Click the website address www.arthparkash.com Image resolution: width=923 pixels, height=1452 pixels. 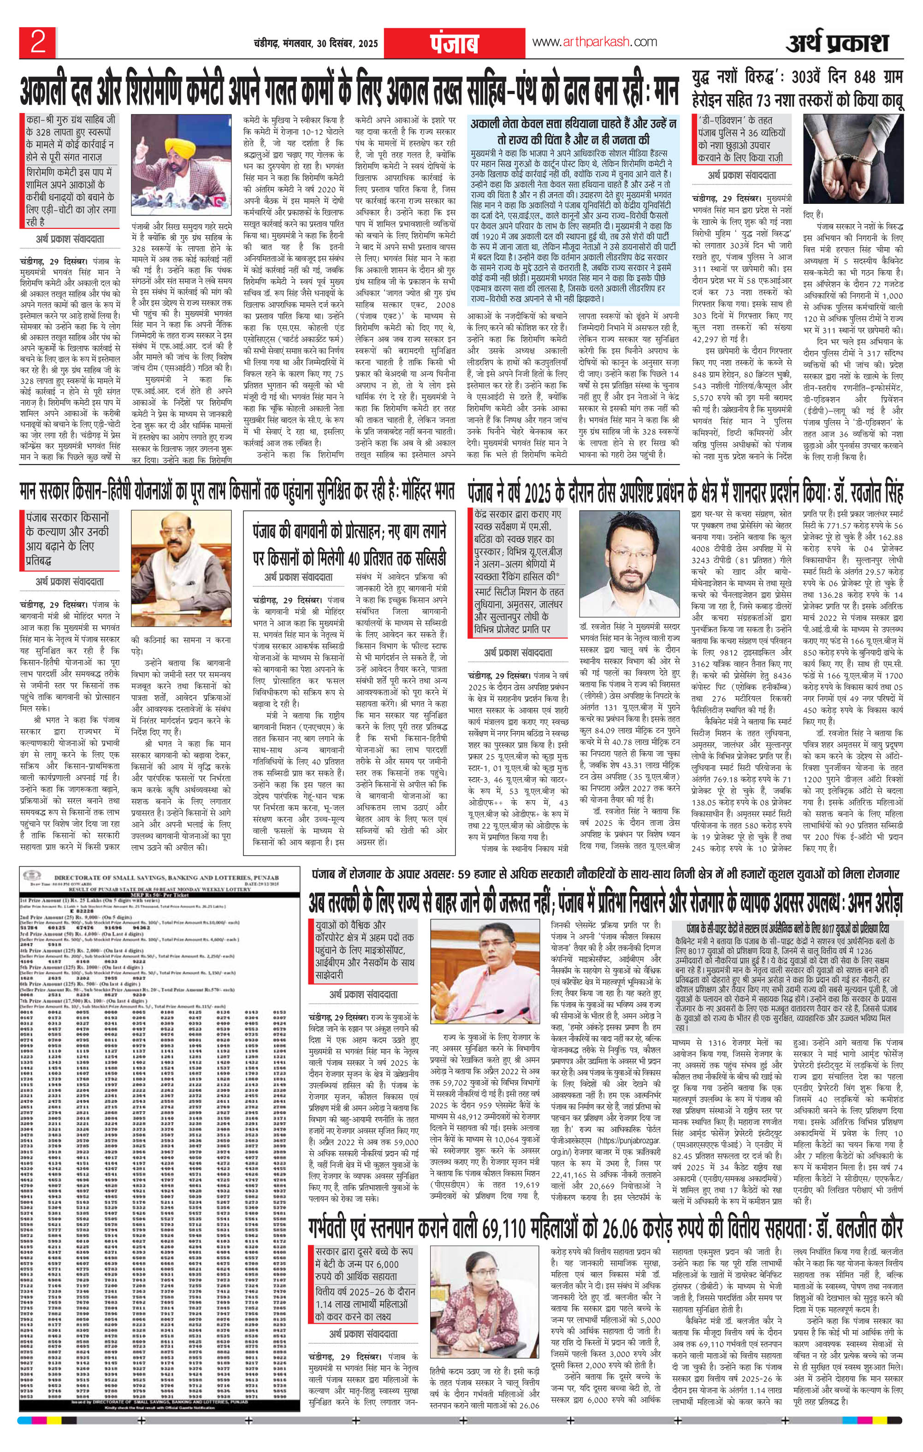click(594, 42)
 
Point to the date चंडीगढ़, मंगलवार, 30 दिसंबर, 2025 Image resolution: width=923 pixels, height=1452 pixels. click(308, 44)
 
